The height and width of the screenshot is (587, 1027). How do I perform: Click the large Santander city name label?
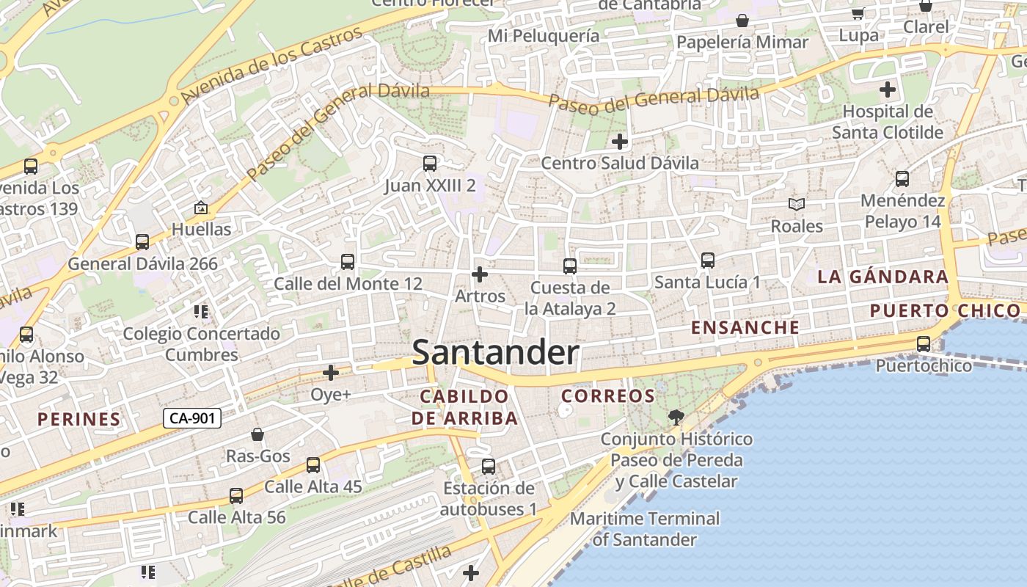click(x=496, y=353)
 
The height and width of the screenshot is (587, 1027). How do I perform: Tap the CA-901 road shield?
click(x=191, y=419)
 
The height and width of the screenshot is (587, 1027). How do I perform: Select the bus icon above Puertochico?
click(x=923, y=343)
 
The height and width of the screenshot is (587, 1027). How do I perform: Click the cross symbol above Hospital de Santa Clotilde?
click(x=888, y=90)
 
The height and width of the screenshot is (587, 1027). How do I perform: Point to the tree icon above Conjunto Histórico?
click(x=676, y=418)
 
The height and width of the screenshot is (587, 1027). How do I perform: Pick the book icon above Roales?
click(x=796, y=204)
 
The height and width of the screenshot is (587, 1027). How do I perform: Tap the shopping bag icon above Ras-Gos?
click(x=257, y=434)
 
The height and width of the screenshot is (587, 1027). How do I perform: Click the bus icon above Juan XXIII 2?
click(x=430, y=164)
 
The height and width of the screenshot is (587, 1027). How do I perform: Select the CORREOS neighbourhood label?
click(x=607, y=396)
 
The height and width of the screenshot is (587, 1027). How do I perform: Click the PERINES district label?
click(x=78, y=420)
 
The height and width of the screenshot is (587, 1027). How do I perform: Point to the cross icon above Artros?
click(x=480, y=274)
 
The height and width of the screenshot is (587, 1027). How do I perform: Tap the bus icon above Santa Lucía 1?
click(x=707, y=260)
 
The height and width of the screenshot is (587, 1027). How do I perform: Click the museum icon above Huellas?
click(x=200, y=208)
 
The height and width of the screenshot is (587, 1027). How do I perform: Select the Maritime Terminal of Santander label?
click(x=645, y=529)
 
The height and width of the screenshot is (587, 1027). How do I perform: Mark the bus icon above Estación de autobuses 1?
click(x=488, y=467)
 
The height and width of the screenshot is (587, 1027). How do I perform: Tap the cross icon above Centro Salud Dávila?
click(x=620, y=141)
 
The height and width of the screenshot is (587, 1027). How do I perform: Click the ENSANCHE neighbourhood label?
click(x=745, y=328)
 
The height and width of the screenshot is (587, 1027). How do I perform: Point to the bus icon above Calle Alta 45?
click(x=313, y=465)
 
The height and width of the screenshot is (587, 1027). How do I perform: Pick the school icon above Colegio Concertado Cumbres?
click(x=201, y=312)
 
